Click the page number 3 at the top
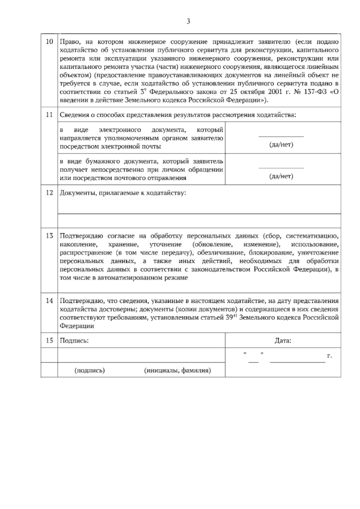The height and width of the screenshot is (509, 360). click(x=188, y=21)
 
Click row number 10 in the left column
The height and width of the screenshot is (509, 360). click(x=49, y=42)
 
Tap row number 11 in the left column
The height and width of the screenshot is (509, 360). click(x=49, y=115)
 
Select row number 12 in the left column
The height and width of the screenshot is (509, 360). click(x=49, y=193)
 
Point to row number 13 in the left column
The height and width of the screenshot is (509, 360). click(x=49, y=236)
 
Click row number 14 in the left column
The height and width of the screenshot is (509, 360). click(x=49, y=300)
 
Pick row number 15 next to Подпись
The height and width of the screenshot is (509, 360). click(x=49, y=340)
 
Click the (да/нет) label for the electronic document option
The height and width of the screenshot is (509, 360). click(x=281, y=145)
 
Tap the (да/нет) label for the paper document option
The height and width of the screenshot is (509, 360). click(x=281, y=176)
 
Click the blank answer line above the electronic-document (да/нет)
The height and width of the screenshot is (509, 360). click(x=281, y=137)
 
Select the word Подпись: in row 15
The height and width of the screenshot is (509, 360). click(x=74, y=341)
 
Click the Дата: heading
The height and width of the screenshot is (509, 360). click(x=283, y=341)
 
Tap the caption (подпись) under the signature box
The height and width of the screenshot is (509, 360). click(x=89, y=370)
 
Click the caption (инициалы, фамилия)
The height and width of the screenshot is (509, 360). click(x=177, y=370)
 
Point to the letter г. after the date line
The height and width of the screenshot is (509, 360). click(x=329, y=356)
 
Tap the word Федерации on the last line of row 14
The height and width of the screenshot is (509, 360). click(x=77, y=326)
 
